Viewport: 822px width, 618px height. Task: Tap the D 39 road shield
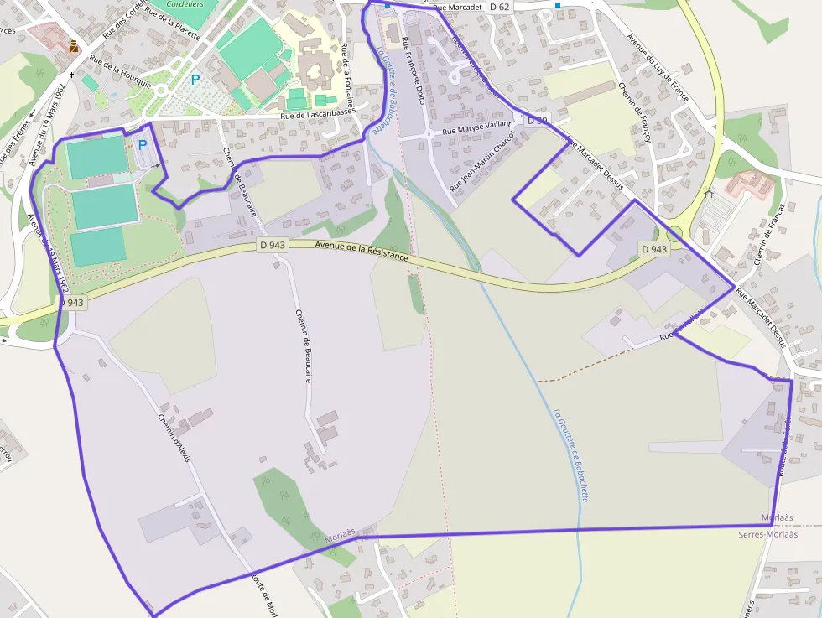[x=536, y=121]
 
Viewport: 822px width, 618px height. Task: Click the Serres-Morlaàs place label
[x=767, y=534]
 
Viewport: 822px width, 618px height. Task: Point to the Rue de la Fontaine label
[x=346, y=75]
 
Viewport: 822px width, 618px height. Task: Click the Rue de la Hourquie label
[x=121, y=72]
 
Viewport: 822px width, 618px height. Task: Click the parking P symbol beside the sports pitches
[x=143, y=144]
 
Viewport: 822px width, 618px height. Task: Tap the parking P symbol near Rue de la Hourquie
[x=195, y=80]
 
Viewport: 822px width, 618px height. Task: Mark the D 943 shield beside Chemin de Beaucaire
[x=272, y=246]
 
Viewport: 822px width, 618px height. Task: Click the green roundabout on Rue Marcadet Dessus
[x=674, y=232]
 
